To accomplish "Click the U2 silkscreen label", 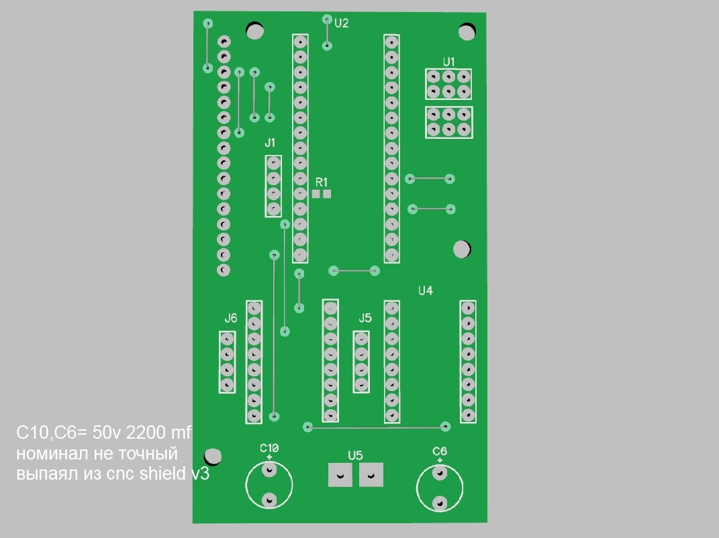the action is pos(342,23).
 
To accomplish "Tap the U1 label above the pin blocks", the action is pos(449,62).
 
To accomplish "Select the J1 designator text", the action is pos(270,143).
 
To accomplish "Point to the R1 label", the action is pos(322,182).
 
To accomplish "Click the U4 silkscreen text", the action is pos(426,290).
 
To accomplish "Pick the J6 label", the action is pos(231,318).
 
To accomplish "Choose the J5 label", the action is pos(365,318).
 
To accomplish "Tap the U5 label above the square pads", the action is pos(355,455).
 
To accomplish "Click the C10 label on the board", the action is pos(269,447).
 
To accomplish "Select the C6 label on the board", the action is pos(440,451).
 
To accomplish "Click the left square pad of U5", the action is pos(340,475).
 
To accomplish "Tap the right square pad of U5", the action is pos(371,475).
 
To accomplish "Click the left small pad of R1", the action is pos(316,194).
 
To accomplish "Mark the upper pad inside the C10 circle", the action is pos(269,470).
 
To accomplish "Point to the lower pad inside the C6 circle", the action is pos(440,503).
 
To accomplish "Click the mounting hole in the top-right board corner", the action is pos(467,32).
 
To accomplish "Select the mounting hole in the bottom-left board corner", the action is pos(212,456).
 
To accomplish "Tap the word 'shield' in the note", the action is pos(162,473).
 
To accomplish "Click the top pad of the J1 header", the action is pos(274,163).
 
